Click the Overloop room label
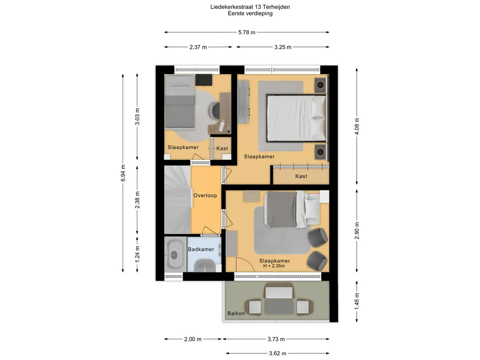click(x=205, y=195)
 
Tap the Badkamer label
click(x=201, y=249)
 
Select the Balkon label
click(x=236, y=313)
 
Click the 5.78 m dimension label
click(x=247, y=32)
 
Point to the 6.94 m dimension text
click(x=123, y=173)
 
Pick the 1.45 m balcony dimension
click(x=357, y=301)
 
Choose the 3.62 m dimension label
click(x=277, y=353)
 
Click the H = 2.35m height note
click(x=274, y=266)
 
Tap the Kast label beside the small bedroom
click(x=222, y=149)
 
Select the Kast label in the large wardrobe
click(x=301, y=176)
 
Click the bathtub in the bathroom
click(x=174, y=254)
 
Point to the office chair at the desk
click(x=215, y=109)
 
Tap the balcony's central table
click(x=279, y=307)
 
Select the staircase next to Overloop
click(x=178, y=200)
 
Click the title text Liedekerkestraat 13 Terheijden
click(x=250, y=7)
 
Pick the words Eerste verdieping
click(x=250, y=13)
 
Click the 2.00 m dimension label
click(x=193, y=339)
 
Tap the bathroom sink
click(x=204, y=265)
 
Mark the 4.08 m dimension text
click(x=357, y=126)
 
